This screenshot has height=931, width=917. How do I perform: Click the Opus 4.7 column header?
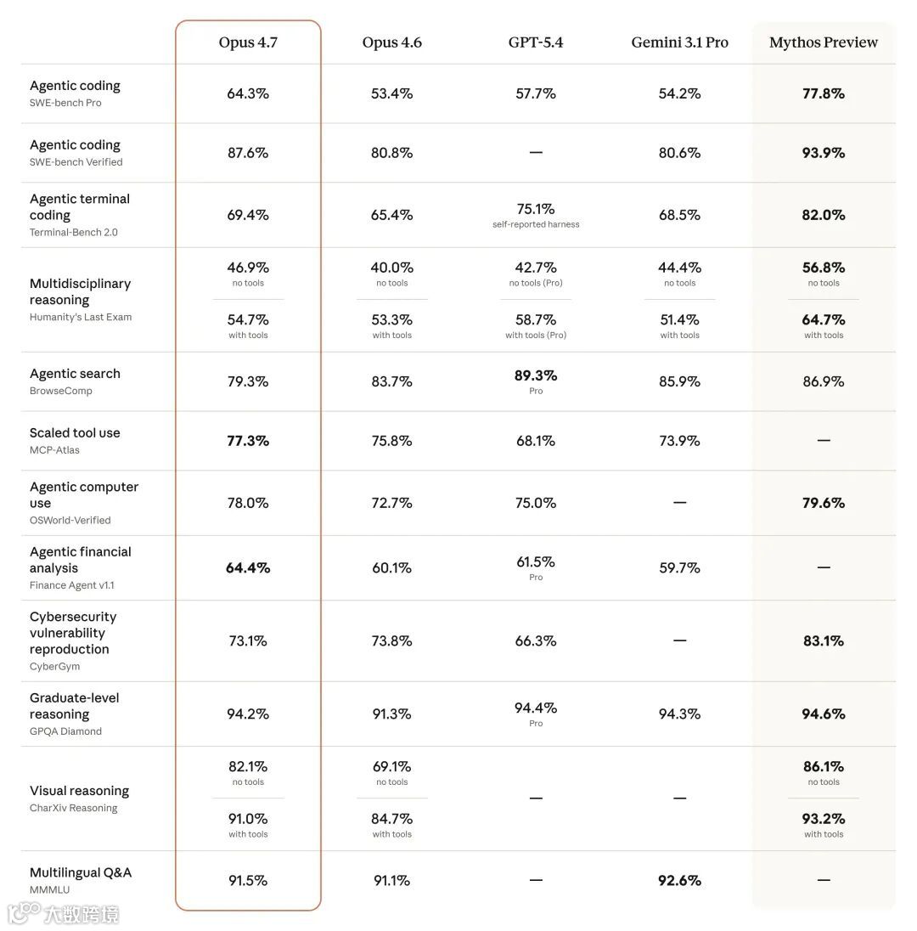point(248,42)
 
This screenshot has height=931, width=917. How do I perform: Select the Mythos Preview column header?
point(823,42)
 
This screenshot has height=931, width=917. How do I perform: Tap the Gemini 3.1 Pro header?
point(679,42)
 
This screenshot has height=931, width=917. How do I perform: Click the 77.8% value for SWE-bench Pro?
point(823,93)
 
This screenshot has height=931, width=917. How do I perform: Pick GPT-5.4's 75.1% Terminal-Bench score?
point(536,209)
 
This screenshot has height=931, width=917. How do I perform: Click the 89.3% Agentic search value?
point(536,375)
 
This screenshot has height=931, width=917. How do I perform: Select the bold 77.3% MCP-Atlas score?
point(248,441)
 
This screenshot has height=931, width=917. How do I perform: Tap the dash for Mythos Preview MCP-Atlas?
point(823,441)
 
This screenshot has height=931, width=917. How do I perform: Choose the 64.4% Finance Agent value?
point(248,567)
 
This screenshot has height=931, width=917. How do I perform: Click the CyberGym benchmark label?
point(54,667)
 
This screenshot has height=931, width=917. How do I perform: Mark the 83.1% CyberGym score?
point(823,641)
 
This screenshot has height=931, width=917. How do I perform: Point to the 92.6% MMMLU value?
point(679,881)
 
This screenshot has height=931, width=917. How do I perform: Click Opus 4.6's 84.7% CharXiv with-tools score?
point(391,819)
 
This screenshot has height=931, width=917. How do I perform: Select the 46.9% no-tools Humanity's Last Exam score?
point(248,268)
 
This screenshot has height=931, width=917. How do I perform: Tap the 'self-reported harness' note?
point(536,225)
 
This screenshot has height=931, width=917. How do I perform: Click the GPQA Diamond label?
point(65,731)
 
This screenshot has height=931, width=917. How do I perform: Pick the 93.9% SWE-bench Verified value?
point(823,153)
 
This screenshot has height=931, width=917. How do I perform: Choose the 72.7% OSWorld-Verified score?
point(391,503)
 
